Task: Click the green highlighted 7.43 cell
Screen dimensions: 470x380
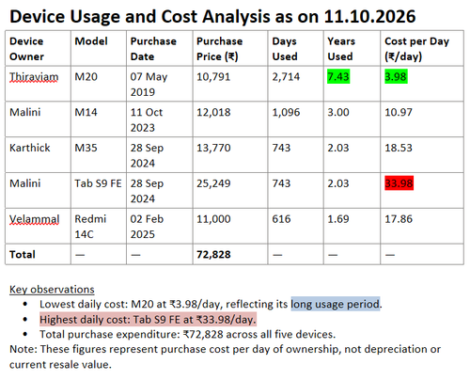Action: click(x=338, y=76)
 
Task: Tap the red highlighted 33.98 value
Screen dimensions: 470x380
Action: click(x=399, y=183)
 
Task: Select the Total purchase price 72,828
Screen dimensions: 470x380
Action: click(x=213, y=254)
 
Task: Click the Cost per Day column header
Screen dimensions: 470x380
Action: click(x=416, y=49)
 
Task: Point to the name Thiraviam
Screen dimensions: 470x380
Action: click(x=34, y=77)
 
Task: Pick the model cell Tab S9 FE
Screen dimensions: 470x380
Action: click(x=98, y=183)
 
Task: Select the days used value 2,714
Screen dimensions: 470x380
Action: click(x=286, y=77)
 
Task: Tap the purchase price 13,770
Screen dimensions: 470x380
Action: click(x=213, y=148)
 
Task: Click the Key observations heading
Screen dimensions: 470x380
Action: click(x=52, y=290)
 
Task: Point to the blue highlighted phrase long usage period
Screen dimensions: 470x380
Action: click(x=336, y=304)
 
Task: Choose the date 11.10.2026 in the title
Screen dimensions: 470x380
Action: click(x=369, y=16)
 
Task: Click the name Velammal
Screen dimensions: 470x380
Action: click(x=34, y=219)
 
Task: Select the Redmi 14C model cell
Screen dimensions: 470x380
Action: click(x=90, y=227)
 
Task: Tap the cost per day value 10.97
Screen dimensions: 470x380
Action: click(x=399, y=112)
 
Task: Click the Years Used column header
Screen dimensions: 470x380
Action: click(x=341, y=49)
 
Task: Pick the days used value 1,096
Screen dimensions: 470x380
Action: click(x=286, y=112)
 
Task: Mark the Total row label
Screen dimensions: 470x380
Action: click(x=23, y=254)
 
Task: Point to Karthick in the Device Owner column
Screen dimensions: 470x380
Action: click(x=30, y=148)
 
